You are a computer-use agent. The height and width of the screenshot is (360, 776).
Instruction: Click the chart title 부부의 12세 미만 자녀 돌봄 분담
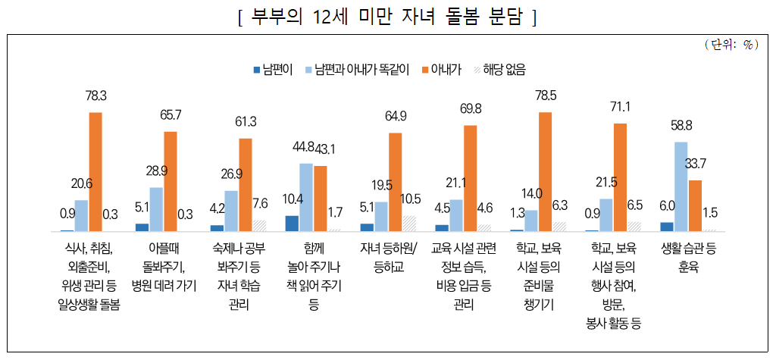click(x=387, y=17)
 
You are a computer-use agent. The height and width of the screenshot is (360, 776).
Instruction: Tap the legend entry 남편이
click(x=268, y=69)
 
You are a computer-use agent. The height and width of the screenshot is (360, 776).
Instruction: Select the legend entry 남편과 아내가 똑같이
click(x=356, y=69)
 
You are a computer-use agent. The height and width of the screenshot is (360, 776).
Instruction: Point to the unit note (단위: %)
click(x=731, y=44)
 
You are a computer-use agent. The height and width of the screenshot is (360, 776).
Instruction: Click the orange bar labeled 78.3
click(x=95, y=171)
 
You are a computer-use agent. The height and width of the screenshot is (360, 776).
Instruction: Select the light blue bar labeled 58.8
click(x=681, y=186)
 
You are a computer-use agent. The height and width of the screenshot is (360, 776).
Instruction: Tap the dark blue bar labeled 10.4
click(x=292, y=223)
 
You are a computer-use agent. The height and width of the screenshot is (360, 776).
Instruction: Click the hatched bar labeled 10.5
click(x=410, y=223)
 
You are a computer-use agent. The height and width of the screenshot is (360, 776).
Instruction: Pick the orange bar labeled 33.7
click(x=695, y=205)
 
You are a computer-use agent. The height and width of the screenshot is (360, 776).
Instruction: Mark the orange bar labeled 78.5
click(x=546, y=171)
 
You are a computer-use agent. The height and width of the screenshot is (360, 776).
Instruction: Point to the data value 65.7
click(x=170, y=115)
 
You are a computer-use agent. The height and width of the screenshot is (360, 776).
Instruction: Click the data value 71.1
click(x=620, y=106)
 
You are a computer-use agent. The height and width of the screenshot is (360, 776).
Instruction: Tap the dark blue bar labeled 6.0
click(x=667, y=226)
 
